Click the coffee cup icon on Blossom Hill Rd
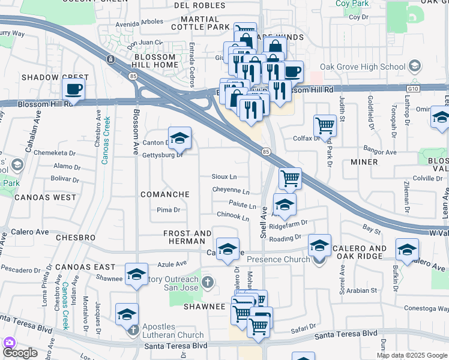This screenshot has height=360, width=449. [74, 89]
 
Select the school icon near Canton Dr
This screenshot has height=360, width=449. [179, 139]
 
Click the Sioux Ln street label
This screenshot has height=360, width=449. [224, 177]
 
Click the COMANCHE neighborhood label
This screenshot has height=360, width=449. [164, 194]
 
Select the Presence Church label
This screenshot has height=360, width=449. [279, 259]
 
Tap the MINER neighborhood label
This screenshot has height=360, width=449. [364, 162]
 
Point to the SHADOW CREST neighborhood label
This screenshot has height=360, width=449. [55, 77]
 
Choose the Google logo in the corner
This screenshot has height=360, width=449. [20, 353]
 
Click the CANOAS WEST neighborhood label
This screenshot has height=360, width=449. [46, 197]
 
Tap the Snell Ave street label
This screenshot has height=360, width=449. [263, 221]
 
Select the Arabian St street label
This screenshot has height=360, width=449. [361, 290]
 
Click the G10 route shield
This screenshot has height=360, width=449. [412, 88]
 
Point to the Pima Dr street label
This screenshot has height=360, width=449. [168, 210]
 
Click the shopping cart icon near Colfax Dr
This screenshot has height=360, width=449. [325, 126]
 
